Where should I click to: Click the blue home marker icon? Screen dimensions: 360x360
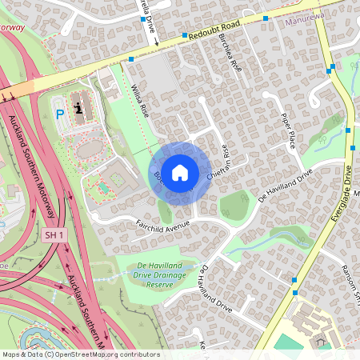tap(180, 172)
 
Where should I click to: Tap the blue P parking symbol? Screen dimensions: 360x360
tap(59, 114)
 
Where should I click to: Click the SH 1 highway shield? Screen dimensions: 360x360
tap(54, 235)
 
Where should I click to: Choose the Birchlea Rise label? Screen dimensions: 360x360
tap(229, 55)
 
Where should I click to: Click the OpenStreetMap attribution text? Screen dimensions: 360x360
tap(80, 354)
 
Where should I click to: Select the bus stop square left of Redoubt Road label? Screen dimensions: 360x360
tap(184, 36)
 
